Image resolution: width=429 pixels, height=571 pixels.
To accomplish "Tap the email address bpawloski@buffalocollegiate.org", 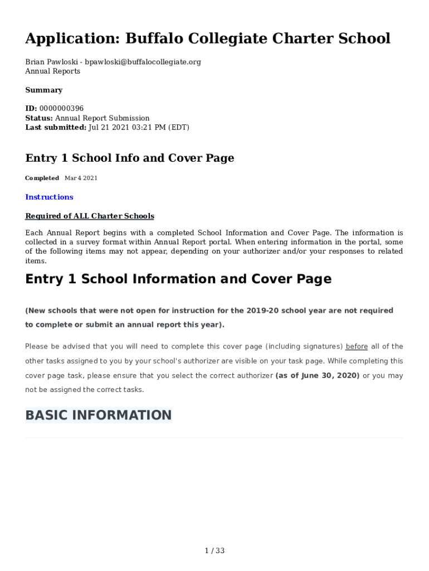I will [143, 62].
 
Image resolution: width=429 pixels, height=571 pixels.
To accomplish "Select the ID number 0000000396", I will [61, 109].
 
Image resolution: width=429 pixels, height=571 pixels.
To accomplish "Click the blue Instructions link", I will [49, 197].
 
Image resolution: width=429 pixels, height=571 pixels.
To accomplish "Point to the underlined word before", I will [357, 346].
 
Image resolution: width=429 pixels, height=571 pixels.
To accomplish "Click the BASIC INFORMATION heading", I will [99, 415].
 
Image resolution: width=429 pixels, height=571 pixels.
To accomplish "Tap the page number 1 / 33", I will [214, 551].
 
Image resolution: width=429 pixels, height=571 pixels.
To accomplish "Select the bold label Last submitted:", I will [56, 128].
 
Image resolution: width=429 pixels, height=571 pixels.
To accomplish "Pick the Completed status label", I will [42, 178].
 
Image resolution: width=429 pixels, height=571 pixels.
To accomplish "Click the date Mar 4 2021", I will [81, 178].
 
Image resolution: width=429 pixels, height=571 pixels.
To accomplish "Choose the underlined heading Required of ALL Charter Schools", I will [90, 216].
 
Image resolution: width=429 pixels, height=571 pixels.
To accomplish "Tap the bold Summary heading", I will [43, 90].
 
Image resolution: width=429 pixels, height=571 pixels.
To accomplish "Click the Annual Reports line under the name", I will [52, 71].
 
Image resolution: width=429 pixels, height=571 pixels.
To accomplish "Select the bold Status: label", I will [39, 118].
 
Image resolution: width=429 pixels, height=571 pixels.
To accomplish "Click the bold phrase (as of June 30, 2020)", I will [318, 375].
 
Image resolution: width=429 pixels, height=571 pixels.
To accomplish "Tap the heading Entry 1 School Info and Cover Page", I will [129, 158].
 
